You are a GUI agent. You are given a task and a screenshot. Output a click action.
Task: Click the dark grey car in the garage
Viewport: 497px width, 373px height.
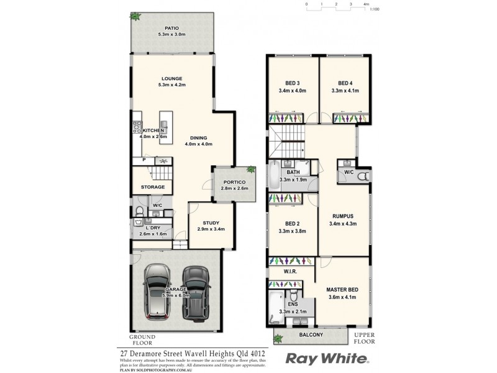195,290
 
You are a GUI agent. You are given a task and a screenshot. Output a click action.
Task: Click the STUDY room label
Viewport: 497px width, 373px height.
211,226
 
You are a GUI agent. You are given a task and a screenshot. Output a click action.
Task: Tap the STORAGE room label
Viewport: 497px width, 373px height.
152,186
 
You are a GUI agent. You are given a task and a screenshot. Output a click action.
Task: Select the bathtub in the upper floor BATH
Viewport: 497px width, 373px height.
274,175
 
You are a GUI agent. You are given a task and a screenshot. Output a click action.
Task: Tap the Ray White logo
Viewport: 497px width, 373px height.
327,359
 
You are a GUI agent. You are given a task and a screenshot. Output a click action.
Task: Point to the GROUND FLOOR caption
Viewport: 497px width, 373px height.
142,339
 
